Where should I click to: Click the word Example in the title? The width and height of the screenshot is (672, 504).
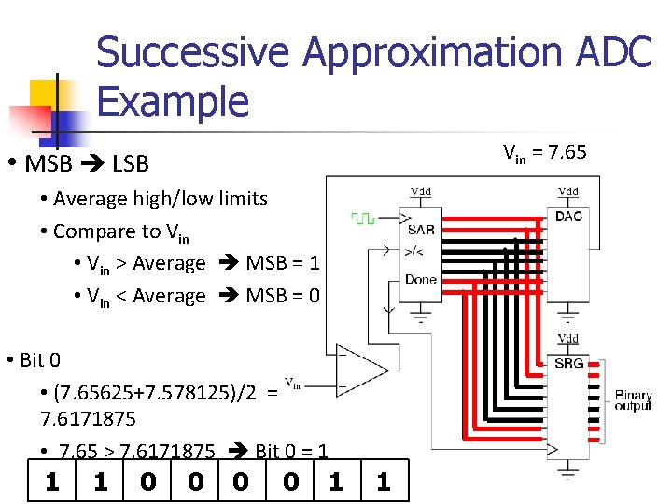tap(173, 101)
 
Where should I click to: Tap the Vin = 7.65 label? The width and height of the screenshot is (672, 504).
tap(544, 151)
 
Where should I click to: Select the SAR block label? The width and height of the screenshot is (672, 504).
tap(421, 230)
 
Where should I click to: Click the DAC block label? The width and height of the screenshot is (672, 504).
tap(568, 217)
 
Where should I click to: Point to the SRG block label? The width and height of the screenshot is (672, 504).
tap(568, 362)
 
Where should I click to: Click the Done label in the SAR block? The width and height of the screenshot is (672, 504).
tap(421, 279)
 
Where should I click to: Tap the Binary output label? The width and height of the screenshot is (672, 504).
tap(633, 402)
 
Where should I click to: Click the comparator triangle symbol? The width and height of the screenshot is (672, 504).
tap(360, 371)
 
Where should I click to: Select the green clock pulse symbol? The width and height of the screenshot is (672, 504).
tap(362, 217)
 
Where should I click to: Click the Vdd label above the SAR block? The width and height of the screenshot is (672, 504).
tap(421, 191)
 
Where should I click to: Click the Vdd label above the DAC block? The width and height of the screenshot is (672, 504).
tap(568, 191)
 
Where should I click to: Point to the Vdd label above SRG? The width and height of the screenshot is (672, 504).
tap(568, 338)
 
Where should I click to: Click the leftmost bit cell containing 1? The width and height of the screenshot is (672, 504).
tap(53, 482)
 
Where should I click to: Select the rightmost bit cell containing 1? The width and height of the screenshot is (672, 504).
tap(383, 482)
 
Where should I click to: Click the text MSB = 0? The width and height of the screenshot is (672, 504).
tap(283, 296)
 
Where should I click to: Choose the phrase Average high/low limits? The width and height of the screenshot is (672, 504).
tap(161, 198)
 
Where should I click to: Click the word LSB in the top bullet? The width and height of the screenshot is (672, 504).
tap(130, 164)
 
